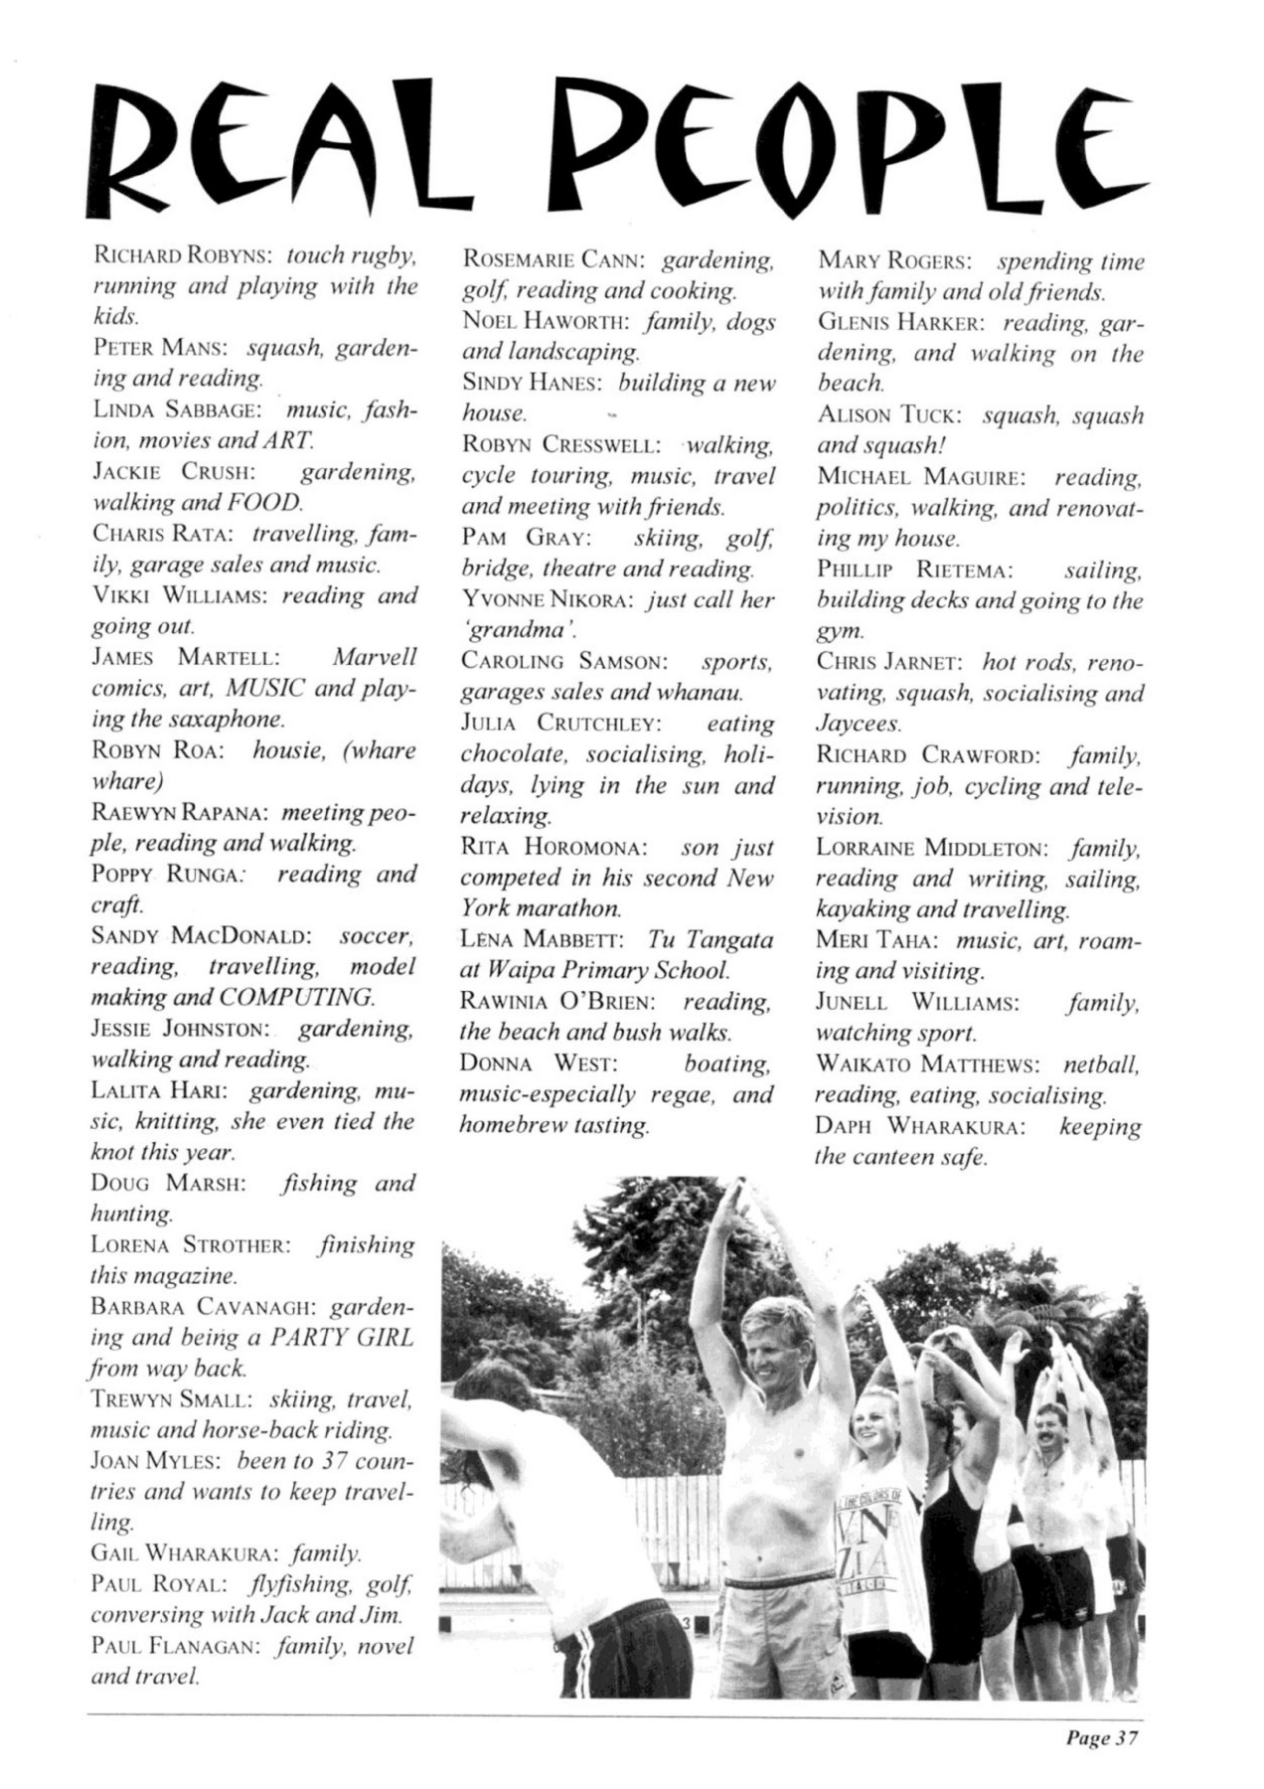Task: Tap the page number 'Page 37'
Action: pyautogui.click(x=1101, y=1738)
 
